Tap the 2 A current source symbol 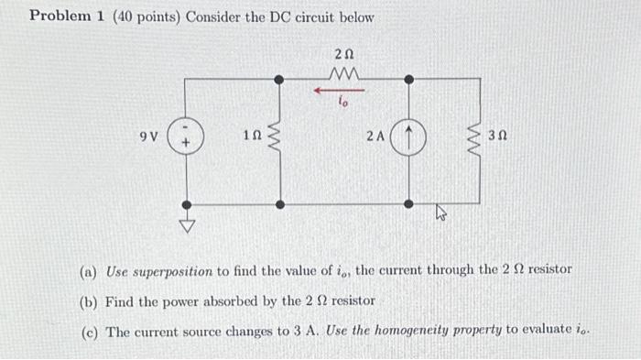tap(408, 138)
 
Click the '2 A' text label tap(375, 137)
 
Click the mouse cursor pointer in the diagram tap(439, 214)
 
